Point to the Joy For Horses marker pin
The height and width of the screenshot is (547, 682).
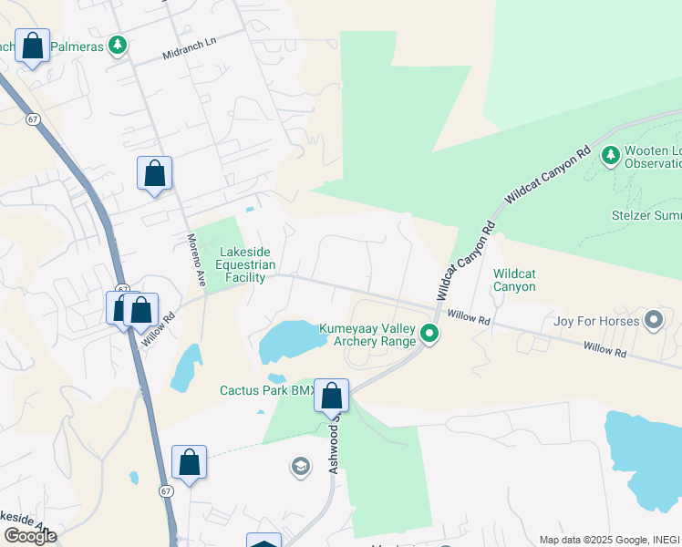[x=653, y=320]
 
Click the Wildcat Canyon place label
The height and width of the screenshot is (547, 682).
[x=514, y=280]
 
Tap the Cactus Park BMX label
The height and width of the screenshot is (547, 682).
[x=266, y=390]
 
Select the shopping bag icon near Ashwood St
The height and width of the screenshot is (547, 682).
[x=332, y=396]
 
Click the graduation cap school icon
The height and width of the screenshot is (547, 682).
[x=300, y=469]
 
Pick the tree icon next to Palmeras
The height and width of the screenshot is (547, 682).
[x=116, y=45]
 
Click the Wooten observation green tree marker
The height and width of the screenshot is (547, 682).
[x=610, y=156]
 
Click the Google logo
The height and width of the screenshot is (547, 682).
[x=29, y=535]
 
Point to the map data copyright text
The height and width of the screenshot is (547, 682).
[x=609, y=540]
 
